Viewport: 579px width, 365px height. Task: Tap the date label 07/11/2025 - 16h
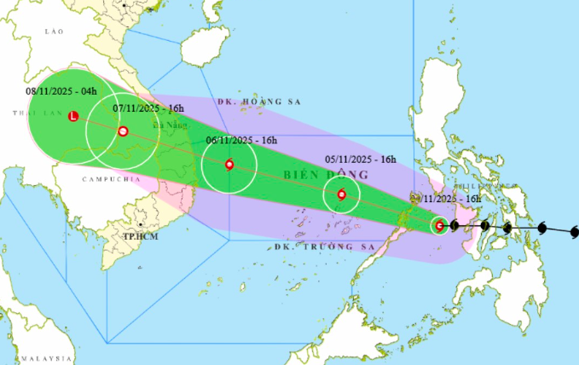[x=148, y=108]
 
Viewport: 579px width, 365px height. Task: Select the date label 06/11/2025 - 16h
[x=241, y=141]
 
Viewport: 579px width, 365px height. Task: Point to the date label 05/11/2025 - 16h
[x=361, y=159]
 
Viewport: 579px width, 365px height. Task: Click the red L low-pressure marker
[x=72, y=117]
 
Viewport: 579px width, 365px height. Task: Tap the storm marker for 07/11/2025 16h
[x=124, y=131]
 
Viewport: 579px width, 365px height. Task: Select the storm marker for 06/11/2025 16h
[x=229, y=165]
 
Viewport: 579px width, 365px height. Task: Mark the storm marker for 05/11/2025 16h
[x=342, y=195]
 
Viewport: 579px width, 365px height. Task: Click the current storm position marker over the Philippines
[x=439, y=226]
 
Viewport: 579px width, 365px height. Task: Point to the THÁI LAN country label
[x=28, y=113]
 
